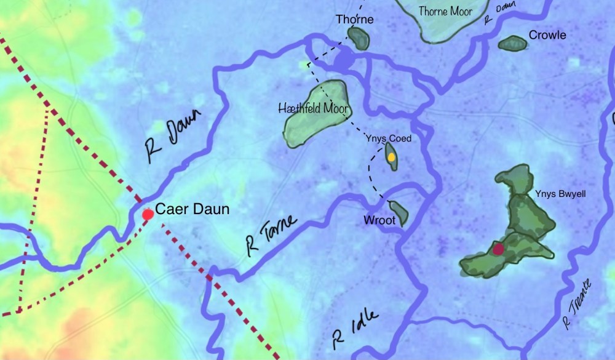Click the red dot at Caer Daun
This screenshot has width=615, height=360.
pos(148,214)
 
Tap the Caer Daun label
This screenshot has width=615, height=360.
pos(192,209)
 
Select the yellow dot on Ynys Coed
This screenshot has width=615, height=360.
pos(391,158)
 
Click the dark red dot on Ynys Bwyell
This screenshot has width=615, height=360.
pos(498,249)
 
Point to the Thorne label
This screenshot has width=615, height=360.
pos(355,20)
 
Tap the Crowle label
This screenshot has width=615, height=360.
pos(547,35)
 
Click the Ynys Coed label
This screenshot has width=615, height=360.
pos(388,138)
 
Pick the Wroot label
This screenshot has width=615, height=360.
pos(379,220)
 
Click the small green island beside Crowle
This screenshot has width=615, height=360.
pos(512,43)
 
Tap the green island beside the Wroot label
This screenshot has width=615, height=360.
pos(400,213)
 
